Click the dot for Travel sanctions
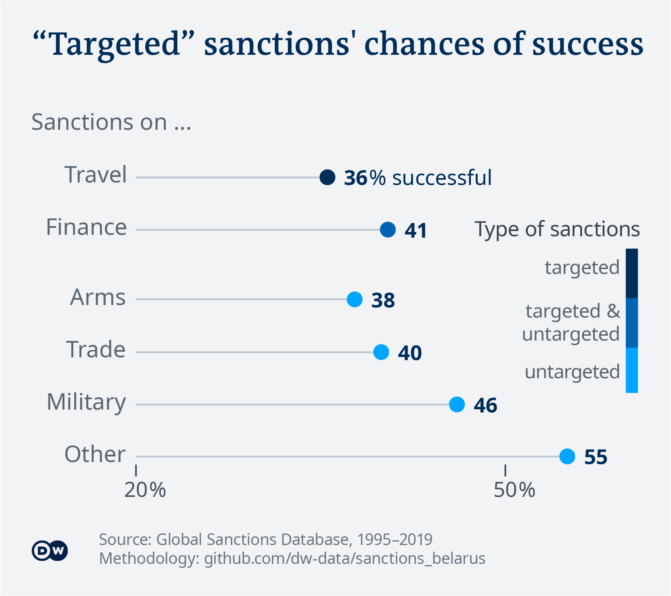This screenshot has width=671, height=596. (x=327, y=177)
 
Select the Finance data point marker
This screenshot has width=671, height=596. (x=388, y=230)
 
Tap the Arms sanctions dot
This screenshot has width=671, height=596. (x=355, y=299)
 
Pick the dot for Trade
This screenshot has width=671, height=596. (x=381, y=352)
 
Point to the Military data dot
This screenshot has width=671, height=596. (x=457, y=404)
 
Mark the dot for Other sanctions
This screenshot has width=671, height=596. (x=567, y=456)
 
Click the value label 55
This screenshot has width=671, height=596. (x=596, y=457)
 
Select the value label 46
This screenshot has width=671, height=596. (x=486, y=405)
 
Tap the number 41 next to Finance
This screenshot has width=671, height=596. (x=416, y=231)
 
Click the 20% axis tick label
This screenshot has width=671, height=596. (x=145, y=490)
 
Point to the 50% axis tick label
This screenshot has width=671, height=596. (x=514, y=490)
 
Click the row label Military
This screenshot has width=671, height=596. (x=86, y=402)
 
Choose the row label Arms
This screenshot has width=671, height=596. (x=98, y=298)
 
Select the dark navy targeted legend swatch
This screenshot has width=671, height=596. (x=632, y=273)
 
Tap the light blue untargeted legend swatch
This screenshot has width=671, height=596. (x=632, y=371)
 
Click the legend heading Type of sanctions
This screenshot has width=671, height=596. (x=557, y=229)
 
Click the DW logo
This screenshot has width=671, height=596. (x=50, y=551)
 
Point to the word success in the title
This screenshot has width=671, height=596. (x=588, y=44)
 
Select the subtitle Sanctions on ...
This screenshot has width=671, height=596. (x=111, y=122)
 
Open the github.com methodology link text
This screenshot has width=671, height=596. (x=345, y=558)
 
